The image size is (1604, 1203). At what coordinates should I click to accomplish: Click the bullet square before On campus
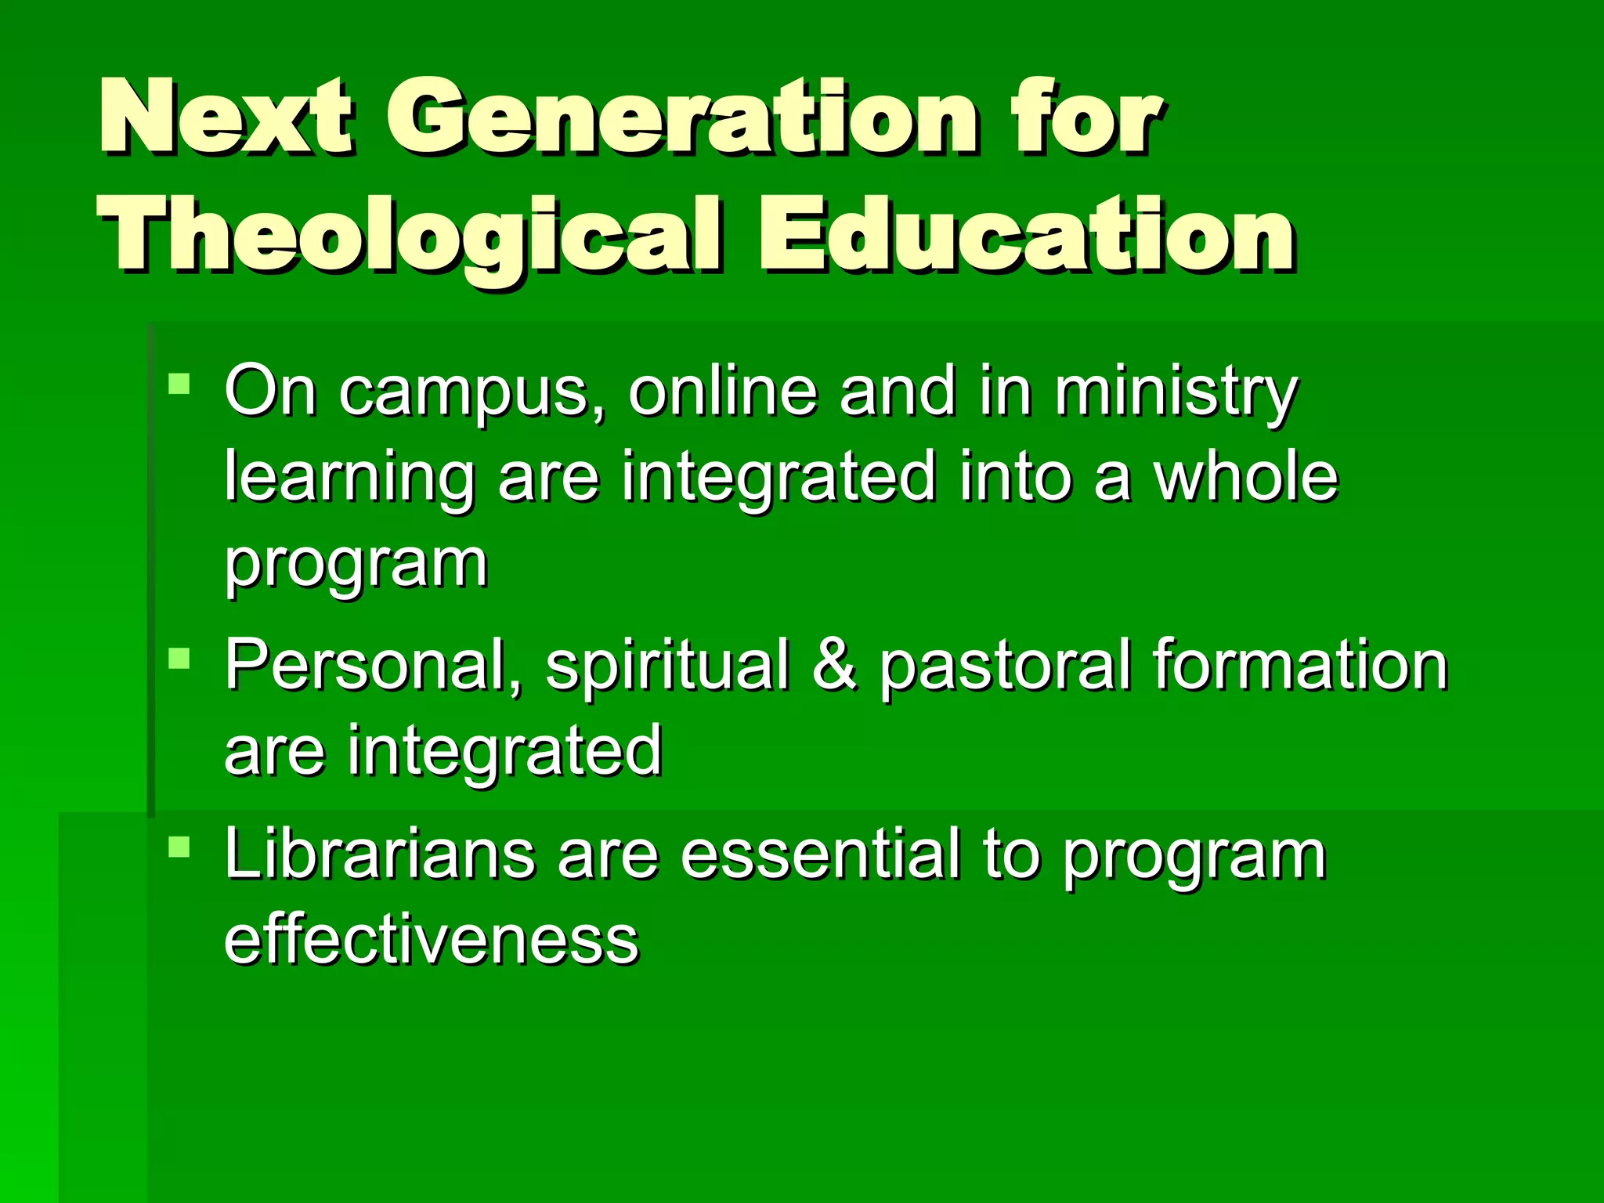point(179,384)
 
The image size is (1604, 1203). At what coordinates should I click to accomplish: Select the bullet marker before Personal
point(179,657)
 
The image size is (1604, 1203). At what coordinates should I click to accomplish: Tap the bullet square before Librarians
point(179,847)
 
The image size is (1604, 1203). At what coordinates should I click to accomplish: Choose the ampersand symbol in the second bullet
point(835,665)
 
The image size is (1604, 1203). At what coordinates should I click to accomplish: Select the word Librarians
point(380,854)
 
